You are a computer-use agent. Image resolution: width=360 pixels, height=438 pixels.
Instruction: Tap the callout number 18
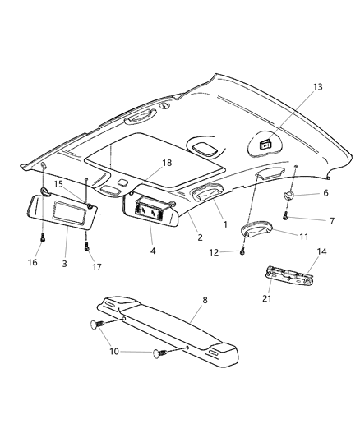166,164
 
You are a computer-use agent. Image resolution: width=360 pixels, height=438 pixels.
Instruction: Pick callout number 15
59,183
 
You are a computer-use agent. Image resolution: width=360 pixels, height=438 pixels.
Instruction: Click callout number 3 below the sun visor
65,264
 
